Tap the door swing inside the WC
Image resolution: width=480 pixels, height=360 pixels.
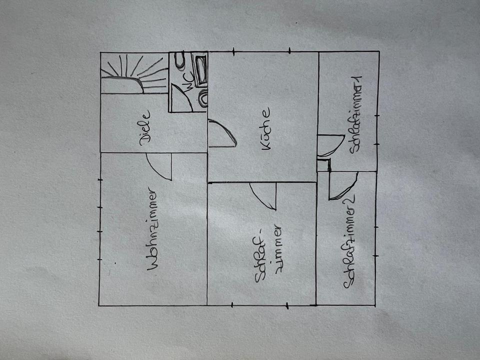[181, 97]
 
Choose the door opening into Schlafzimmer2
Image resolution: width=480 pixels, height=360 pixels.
[342, 185]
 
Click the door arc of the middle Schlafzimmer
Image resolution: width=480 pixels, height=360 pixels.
[264, 195]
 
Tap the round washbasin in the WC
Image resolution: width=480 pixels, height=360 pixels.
[202, 98]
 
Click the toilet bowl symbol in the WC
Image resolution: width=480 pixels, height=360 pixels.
[180, 60]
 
